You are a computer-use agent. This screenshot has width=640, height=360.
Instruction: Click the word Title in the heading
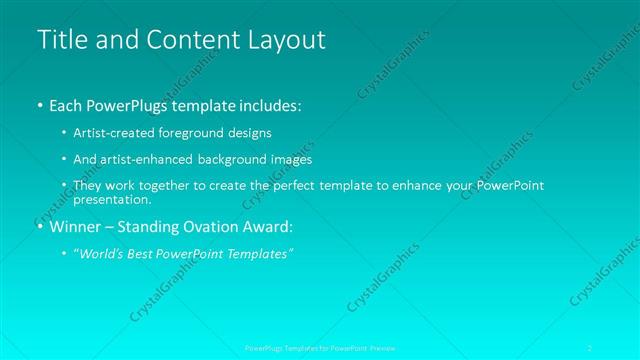pos(60,40)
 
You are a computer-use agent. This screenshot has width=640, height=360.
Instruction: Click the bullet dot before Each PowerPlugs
pos(40,105)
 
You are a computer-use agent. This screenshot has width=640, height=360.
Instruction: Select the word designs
pos(248,132)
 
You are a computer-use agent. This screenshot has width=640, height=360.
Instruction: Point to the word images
pos(290,159)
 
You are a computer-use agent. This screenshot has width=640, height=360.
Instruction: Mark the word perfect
pos(318,186)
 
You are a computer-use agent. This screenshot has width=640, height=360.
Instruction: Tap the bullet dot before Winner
pos(40,227)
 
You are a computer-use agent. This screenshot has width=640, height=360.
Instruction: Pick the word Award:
pos(265,227)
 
